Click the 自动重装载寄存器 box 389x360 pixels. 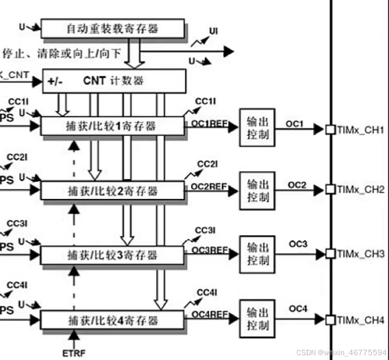coord(112,28)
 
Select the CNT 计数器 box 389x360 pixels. coord(114,80)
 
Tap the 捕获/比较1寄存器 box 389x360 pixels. coord(112,125)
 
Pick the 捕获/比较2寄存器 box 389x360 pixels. coord(112,189)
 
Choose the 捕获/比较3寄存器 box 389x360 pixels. coord(112,255)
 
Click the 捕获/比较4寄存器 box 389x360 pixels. coord(112,320)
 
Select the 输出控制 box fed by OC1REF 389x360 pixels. coord(258,127)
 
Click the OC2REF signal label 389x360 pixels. coord(209,186)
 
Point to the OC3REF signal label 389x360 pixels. coord(209,251)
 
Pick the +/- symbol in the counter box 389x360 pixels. coord(55,81)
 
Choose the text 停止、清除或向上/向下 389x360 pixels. coord(62,52)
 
